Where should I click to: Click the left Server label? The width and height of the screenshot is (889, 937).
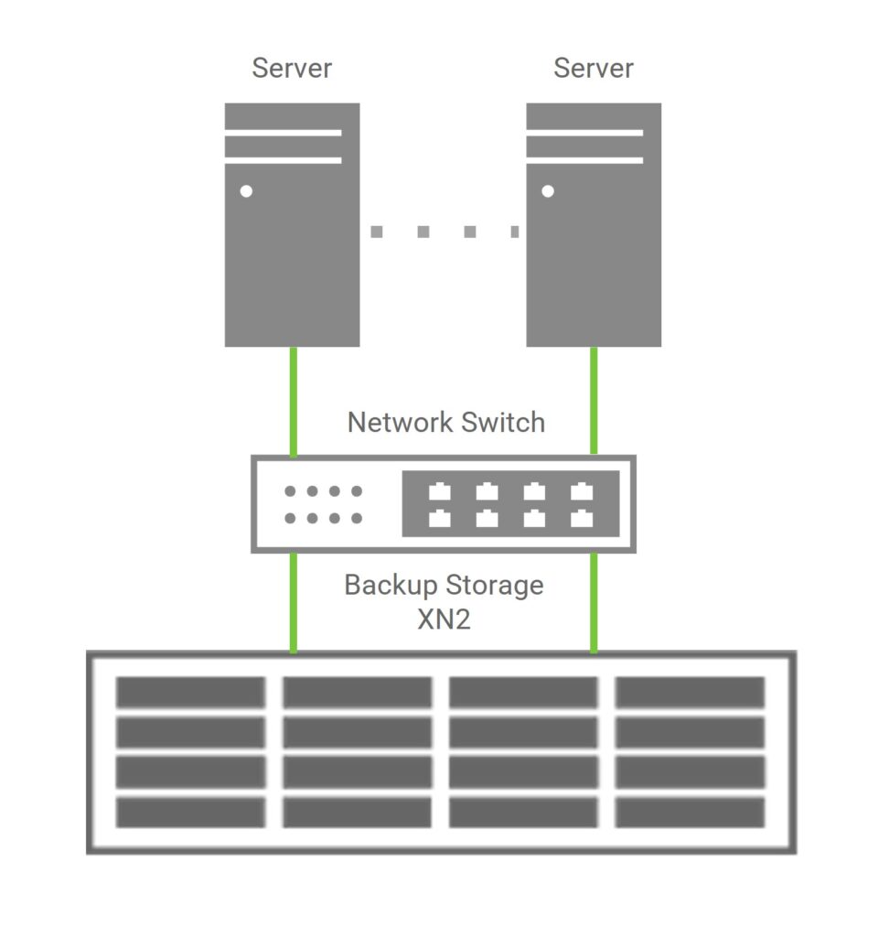click(x=292, y=69)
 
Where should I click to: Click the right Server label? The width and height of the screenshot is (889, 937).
click(x=594, y=69)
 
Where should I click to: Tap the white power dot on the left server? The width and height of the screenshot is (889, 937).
click(x=246, y=192)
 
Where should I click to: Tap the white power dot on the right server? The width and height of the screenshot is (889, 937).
click(x=548, y=192)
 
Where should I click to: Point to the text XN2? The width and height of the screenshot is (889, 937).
click(x=444, y=619)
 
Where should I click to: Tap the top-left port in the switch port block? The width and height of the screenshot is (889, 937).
click(x=440, y=491)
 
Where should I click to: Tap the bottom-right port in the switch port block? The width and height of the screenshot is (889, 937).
click(x=582, y=519)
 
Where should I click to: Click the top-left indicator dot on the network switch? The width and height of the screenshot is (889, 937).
click(x=290, y=491)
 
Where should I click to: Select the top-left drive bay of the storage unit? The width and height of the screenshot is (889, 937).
click(x=190, y=693)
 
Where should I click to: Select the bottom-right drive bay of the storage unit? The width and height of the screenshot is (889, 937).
click(x=690, y=813)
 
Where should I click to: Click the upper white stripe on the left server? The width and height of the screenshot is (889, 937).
click(x=283, y=134)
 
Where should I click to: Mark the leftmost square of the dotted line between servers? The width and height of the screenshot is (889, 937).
click(x=376, y=232)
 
